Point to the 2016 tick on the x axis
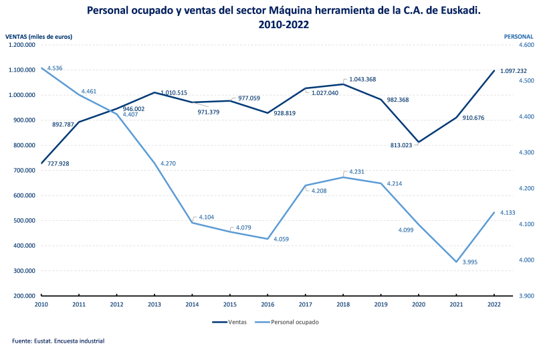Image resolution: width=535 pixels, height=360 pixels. pyautogui.click(x=267, y=304)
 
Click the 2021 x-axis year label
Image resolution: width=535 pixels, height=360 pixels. pyautogui.click(x=455, y=304)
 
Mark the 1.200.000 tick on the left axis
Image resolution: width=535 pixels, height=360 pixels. pyautogui.click(x=21, y=45)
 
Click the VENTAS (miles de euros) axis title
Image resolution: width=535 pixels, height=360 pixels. pyautogui.click(x=38, y=36)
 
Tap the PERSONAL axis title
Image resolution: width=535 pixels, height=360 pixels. pyautogui.click(x=518, y=36)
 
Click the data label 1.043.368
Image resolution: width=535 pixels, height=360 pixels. pyautogui.click(x=362, y=80)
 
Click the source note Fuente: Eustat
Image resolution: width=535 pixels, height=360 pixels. pyautogui.click(x=58, y=341)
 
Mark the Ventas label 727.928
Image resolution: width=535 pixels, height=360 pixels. pyautogui.click(x=58, y=163)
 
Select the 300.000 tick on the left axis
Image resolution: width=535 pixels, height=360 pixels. pyautogui.click(x=23, y=271)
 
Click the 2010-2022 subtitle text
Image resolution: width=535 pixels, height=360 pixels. pyautogui.click(x=284, y=24)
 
